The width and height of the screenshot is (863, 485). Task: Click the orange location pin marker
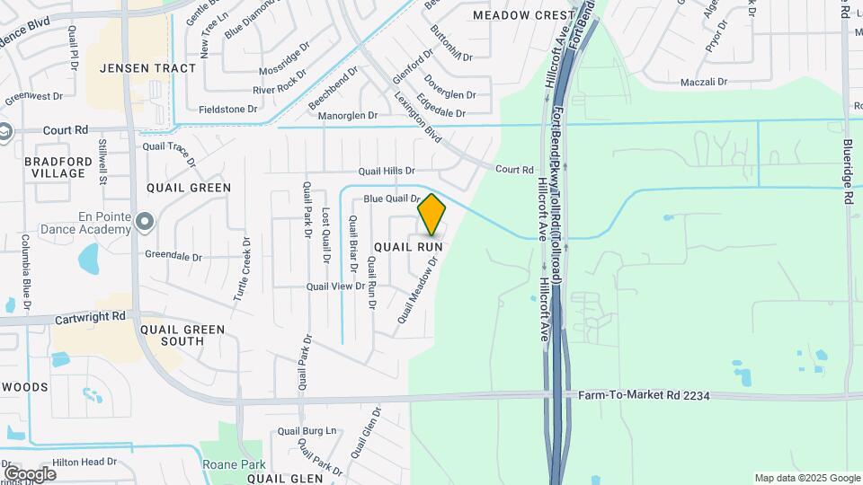[431, 214]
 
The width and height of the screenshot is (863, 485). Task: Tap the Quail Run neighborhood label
[409, 245]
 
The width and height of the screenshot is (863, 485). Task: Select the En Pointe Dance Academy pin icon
[144, 217]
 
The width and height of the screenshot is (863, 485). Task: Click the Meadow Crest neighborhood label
[523, 15]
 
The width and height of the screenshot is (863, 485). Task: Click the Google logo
[30, 473]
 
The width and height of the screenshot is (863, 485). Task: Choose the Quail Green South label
[182, 335]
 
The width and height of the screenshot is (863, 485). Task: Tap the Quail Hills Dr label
[387, 171]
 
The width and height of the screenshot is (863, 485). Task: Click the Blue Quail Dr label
[392, 198]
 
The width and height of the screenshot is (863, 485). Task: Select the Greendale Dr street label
[173, 256]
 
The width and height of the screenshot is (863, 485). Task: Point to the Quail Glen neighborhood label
[285, 479]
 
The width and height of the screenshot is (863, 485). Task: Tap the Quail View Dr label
[336, 287]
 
